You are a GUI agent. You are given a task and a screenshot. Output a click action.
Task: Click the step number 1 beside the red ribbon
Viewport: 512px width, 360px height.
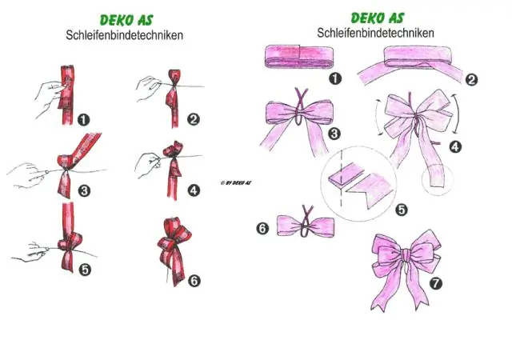click(x=83, y=119)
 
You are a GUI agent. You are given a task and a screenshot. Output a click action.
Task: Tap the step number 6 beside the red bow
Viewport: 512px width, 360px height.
click(x=194, y=281)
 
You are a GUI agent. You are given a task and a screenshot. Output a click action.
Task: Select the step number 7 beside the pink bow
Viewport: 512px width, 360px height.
click(x=436, y=283)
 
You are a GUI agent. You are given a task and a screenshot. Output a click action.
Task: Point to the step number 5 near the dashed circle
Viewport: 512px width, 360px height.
click(x=402, y=210)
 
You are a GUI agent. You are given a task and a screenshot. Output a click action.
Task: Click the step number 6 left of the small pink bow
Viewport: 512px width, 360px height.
click(x=263, y=228)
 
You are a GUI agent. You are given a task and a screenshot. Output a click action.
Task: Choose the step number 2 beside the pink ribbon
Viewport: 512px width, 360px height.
click(x=471, y=80)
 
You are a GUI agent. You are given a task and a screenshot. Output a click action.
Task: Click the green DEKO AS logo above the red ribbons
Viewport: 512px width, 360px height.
click(x=126, y=20)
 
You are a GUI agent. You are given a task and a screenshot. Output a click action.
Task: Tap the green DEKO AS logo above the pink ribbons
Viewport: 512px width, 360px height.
click(x=378, y=18)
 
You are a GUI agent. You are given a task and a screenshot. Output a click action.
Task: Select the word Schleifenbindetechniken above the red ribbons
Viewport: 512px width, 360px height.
click(x=125, y=35)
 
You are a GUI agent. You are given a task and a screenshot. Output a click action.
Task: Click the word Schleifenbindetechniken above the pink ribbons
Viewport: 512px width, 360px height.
click(x=375, y=33)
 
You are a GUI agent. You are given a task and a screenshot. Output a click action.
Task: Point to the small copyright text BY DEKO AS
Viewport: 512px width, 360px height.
click(x=236, y=183)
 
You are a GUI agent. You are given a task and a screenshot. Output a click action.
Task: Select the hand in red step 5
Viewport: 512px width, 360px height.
click(x=30, y=252)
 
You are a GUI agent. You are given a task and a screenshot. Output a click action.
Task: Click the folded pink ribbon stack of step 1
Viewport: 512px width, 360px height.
click(x=299, y=57)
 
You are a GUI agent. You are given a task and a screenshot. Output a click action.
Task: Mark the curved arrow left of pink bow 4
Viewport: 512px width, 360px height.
click(x=378, y=116)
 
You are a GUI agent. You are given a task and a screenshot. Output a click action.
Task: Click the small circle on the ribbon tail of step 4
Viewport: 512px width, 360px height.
click(x=438, y=179)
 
